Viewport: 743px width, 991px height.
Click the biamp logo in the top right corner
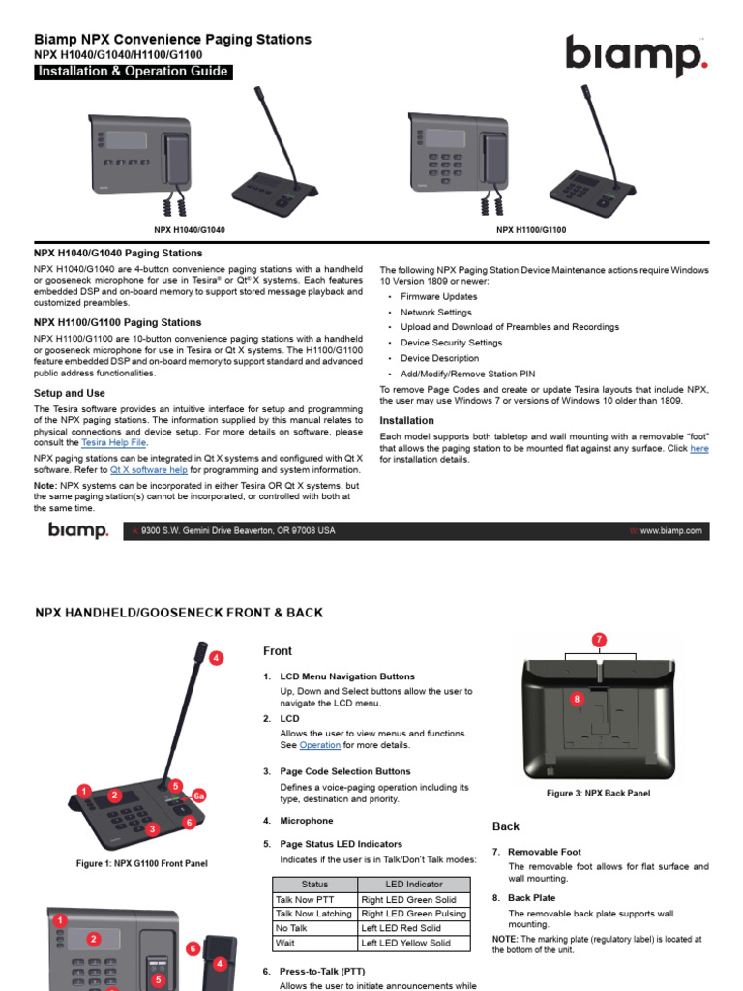[636, 55]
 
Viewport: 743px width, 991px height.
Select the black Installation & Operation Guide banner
[133, 72]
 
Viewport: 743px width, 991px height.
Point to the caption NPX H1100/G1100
[531, 230]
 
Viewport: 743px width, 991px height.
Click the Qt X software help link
[149, 469]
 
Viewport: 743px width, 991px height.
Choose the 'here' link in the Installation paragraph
[698, 449]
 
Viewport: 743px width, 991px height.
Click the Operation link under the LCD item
[319, 745]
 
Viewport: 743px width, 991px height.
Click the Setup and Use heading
[70, 394]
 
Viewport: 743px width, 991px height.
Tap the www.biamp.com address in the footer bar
[669, 531]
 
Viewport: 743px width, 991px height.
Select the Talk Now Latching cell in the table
[313, 914]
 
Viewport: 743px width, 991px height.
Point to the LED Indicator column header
[413, 885]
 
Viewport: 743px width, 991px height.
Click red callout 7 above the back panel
[600, 640]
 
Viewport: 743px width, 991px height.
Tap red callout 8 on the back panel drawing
[577, 698]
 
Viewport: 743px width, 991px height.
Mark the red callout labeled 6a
[199, 796]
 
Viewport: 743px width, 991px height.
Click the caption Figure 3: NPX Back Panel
[598, 794]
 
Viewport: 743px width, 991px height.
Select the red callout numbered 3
[151, 828]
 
